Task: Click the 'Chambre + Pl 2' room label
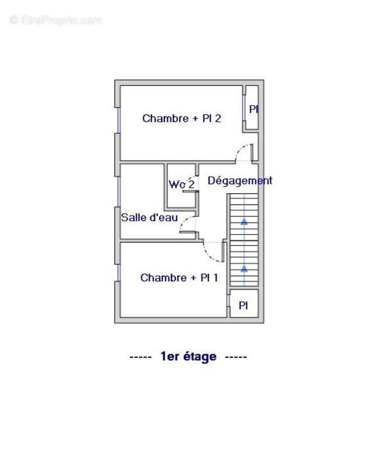[x=181, y=119]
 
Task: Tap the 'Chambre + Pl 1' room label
[x=179, y=278]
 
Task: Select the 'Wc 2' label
[x=181, y=184]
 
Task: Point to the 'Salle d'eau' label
[x=149, y=217]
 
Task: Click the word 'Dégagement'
[x=240, y=181]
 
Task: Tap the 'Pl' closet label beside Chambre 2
[x=253, y=109]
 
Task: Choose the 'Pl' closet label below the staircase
[x=243, y=305]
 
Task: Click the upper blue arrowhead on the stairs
[x=244, y=221]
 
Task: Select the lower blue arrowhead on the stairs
[x=244, y=269]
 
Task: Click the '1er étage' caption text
[x=188, y=356]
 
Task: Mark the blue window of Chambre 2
[x=119, y=120]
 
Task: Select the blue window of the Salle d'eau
[x=119, y=192]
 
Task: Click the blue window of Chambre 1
[x=119, y=273]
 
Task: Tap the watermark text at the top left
[x=56, y=20]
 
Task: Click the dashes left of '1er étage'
[x=140, y=357]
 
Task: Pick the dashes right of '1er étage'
[x=236, y=357]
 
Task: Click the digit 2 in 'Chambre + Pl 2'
[x=218, y=119]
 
